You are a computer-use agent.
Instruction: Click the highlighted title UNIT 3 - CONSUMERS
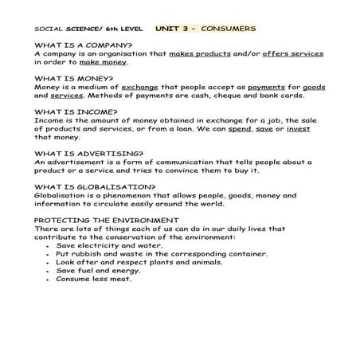click(206, 28)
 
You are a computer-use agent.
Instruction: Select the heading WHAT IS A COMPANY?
click(84, 45)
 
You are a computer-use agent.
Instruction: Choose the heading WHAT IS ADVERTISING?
click(89, 152)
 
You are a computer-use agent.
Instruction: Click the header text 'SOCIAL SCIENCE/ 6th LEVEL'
click(80, 29)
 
